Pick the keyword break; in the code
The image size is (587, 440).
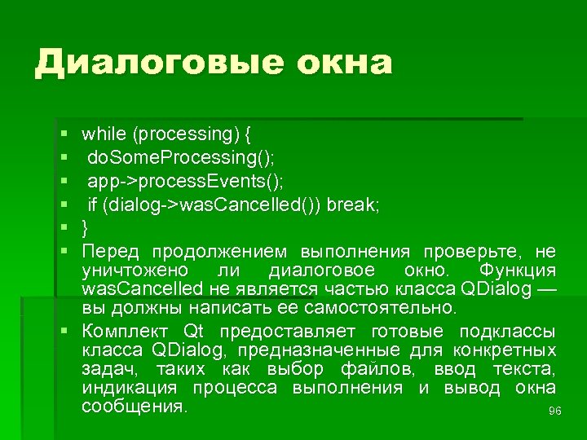tap(354, 203)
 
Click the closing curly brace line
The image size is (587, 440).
tap(85, 227)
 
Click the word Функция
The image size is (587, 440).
tap(519, 270)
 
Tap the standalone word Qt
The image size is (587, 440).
tap(193, 332)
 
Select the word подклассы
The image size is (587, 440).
tap(507, 332)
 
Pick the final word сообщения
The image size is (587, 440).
tap(135, 407)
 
